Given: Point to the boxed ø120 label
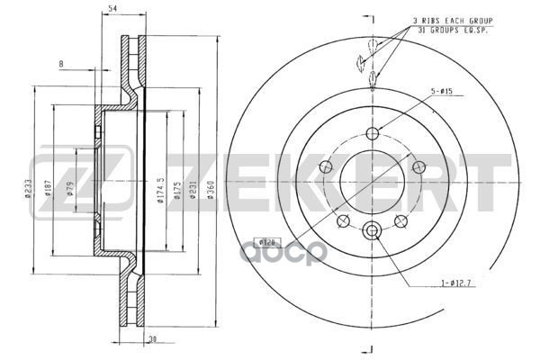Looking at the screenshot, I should (x=266, y=242).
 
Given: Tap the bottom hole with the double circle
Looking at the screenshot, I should (x=372, y=232).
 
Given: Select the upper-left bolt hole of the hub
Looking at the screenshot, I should (x=328, y=166).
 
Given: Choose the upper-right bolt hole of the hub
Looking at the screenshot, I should (x=416, y=166).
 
